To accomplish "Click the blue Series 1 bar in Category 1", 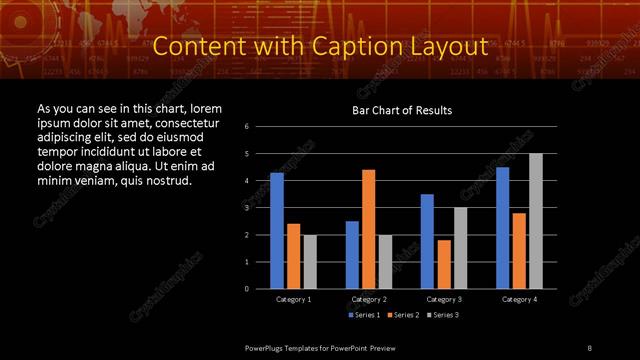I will pos(277,231).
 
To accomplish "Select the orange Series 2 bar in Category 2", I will pos(369,229).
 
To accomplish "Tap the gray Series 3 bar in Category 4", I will pos(536,221).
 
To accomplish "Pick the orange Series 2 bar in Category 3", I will pos(444,264).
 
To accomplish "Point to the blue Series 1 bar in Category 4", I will pos(503,228).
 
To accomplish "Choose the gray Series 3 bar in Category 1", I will pos(310,262).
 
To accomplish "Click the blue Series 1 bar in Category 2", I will pos(352,255).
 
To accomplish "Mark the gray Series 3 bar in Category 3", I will pos(461,248).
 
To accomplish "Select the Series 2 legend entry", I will pos(404,315).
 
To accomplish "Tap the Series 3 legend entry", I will pos(444,315).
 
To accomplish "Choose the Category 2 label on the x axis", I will pos(369,299).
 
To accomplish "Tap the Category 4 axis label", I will pos(519,299).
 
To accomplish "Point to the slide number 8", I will pos(589,346).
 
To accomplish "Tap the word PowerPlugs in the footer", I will pos(266,346).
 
